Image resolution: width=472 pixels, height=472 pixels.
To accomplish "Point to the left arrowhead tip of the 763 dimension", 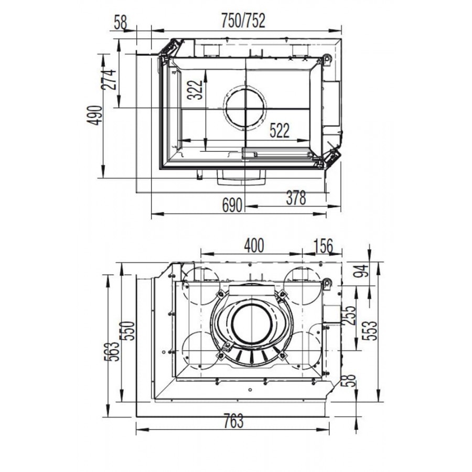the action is [136, 430].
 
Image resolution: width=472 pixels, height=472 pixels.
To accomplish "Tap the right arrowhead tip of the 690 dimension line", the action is [326, 214].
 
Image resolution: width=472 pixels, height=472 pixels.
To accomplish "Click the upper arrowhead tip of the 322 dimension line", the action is [206, 70].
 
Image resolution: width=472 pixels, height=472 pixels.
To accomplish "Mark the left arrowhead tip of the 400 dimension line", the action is [201, 253].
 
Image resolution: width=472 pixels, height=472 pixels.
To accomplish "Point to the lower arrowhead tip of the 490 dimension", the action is [103, 178].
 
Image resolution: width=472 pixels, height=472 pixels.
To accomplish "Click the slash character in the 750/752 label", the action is [243, 21].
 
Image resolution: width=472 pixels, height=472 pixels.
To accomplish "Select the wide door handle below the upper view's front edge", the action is [242, 177].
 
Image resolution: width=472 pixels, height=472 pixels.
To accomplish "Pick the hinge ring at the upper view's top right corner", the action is [327, 58].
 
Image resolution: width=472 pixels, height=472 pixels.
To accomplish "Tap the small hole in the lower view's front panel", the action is [250, 390].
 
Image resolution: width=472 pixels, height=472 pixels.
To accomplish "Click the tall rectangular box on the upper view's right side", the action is [331, 103].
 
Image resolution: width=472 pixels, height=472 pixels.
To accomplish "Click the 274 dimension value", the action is [109, 80].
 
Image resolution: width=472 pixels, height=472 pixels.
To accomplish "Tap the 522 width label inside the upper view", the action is [280, 131].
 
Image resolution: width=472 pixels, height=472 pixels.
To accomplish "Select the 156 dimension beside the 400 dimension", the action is [324, 245].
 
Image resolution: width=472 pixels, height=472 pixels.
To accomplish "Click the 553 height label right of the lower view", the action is [370, 330].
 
